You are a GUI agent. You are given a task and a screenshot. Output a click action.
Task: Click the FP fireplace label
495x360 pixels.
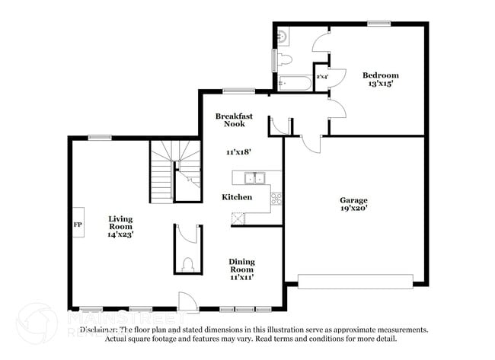click(77, 225)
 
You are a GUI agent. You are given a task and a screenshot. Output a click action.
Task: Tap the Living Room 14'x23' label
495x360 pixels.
click(120, 227)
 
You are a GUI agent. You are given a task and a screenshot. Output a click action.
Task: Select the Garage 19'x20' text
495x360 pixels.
click(353, 205)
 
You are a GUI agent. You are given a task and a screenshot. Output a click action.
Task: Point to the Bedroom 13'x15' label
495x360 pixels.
click(380, 79)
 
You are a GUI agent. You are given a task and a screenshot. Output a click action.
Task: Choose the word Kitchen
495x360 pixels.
click(237, 197)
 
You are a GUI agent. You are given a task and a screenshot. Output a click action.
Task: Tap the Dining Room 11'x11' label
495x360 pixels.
click(241, 269)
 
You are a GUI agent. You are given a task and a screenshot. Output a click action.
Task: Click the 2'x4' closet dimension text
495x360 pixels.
click(322, 77)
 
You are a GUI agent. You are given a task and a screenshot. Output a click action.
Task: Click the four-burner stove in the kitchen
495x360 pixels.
click(276, 200)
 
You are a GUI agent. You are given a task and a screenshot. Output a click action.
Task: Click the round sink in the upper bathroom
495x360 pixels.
click(282, 35)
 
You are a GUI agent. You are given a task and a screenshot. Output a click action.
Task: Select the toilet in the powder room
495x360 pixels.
click(188, 265)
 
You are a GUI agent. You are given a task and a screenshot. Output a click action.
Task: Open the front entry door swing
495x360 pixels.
click(185, 301)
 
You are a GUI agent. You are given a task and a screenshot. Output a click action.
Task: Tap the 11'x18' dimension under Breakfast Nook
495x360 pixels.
click(238, 152)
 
